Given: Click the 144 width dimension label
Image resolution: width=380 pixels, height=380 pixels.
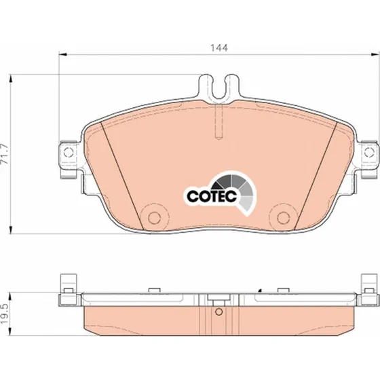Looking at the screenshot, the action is [219, 48].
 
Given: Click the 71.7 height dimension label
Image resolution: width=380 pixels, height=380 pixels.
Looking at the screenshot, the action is [4, 154].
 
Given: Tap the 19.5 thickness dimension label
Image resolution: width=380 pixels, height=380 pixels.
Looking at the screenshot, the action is [4, 313].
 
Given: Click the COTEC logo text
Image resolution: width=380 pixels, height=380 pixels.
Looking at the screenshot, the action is [212, 196].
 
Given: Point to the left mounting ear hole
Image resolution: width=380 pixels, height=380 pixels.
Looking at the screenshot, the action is [68, 152].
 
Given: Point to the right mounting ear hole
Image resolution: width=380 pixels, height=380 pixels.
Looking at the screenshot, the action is [369, 152].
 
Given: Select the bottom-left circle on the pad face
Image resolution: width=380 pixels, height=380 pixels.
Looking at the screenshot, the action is [154, 218].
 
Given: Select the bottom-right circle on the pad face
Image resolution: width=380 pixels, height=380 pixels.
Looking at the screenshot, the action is [283, 218].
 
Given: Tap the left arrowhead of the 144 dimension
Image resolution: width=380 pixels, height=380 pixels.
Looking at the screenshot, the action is [62, 55].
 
